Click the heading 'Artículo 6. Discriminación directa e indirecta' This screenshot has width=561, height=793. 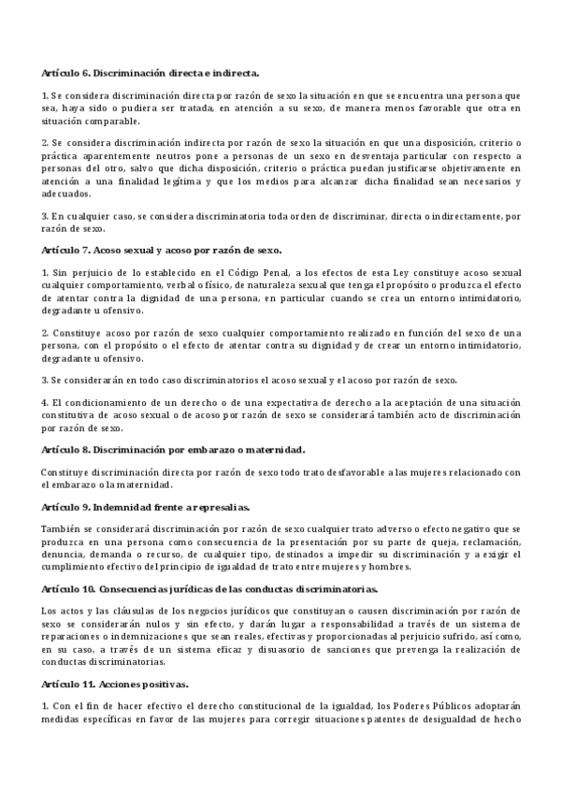[151, 72]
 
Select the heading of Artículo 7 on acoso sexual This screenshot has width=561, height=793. [162, 250]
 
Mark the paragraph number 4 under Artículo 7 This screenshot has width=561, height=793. [44, 401]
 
